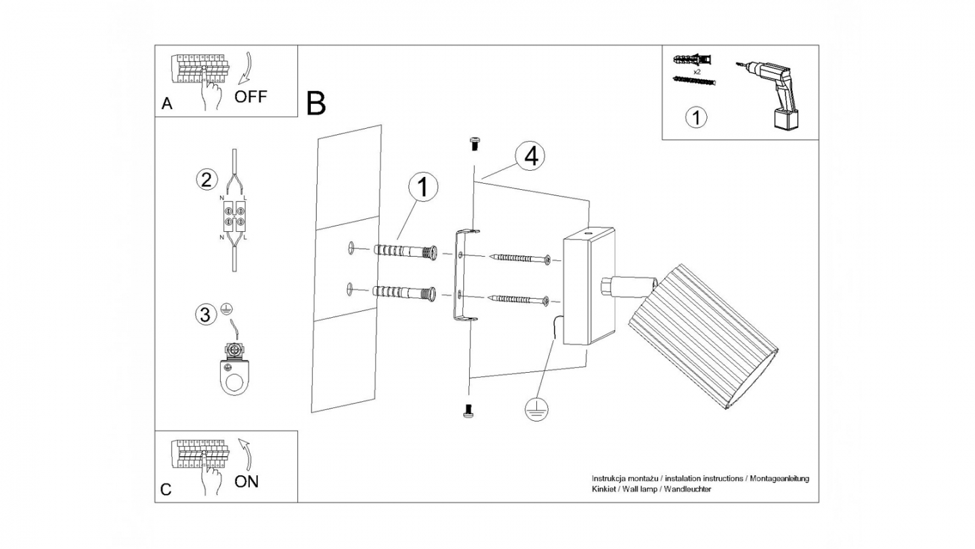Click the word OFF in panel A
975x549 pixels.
pyautogui.click(x=251, y=96)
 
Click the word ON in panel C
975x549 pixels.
pyautogui.click(x=246, y=482)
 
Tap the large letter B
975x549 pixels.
pyautogui.click(x=316, y=103)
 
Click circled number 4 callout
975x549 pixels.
pyautogui.click(x=529, y=156)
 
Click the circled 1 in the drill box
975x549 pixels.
pyautogui.click(x=695, y=117)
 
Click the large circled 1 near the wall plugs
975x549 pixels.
pyautogui.click(x=423, y=188)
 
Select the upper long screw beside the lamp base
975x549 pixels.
pyautogui.click(x=520, y=258)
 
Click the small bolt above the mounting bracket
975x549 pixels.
pyautogui.click(x=474, y=143)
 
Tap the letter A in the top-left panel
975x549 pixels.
pyautogui.click(x=167, y=104)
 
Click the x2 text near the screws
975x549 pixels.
pyautogui.click(x=697, y=70)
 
